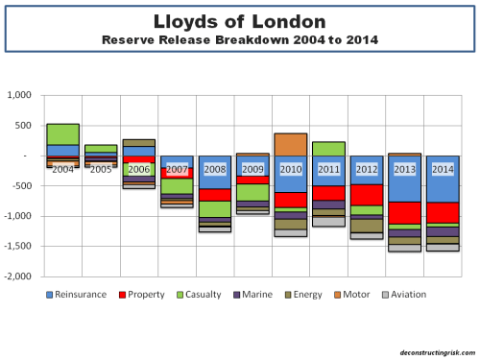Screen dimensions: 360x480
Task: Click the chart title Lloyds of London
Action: tap(239, 21)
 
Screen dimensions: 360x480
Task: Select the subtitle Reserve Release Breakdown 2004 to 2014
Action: tap(239, 39)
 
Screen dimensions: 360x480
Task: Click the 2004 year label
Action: tap(63, 168)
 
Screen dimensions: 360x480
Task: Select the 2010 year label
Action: tap(290, 168)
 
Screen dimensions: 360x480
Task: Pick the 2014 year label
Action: tap(442, 168)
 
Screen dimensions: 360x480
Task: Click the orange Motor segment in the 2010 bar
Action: tap(290, 144)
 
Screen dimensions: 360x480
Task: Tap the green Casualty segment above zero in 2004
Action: tap(63, 134)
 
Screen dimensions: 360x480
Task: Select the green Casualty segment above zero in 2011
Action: tap(328, 149)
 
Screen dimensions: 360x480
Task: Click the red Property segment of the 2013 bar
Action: tap(404, 212)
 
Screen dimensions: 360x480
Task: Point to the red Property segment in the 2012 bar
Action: tap(366, 195)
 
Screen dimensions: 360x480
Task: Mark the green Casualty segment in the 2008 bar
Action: tap(215, 208)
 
